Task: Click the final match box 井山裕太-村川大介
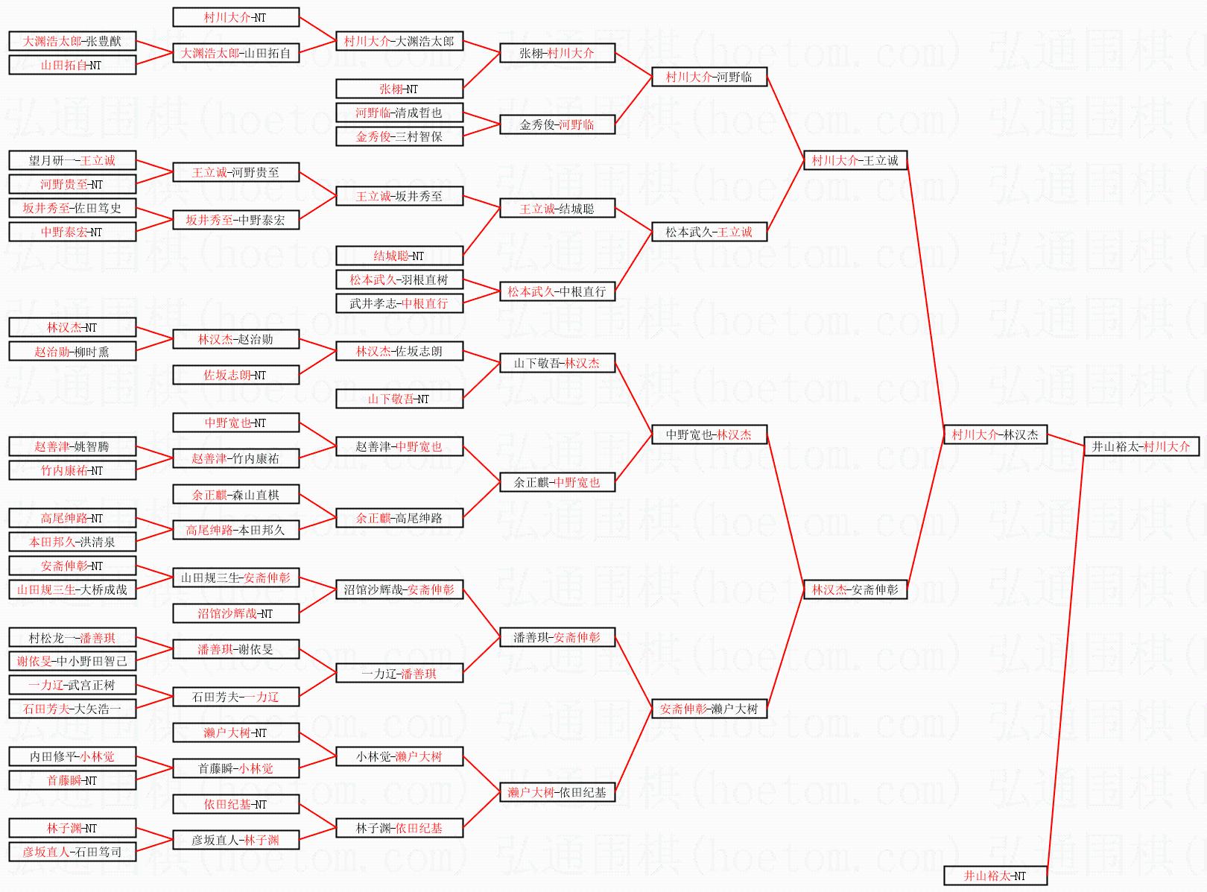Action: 1141,446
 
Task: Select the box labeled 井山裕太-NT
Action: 995,876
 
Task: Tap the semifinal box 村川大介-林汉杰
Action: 995,434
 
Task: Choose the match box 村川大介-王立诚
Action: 855,160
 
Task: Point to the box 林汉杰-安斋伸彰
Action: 855,589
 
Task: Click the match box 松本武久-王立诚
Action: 709,232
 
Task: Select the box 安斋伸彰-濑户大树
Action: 709,709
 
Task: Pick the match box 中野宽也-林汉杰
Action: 709,434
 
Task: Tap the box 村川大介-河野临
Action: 709,77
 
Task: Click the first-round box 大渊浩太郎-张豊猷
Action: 72,41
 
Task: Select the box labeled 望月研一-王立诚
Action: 72,160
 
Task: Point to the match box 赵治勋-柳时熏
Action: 72,351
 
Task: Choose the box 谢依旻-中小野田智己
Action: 72,661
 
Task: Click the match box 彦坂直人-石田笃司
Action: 72,851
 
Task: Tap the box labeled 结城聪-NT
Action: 399,256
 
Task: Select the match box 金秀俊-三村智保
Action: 399,136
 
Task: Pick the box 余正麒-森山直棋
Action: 235,494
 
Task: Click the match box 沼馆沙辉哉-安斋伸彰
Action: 399,589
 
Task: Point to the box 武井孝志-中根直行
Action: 399,303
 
